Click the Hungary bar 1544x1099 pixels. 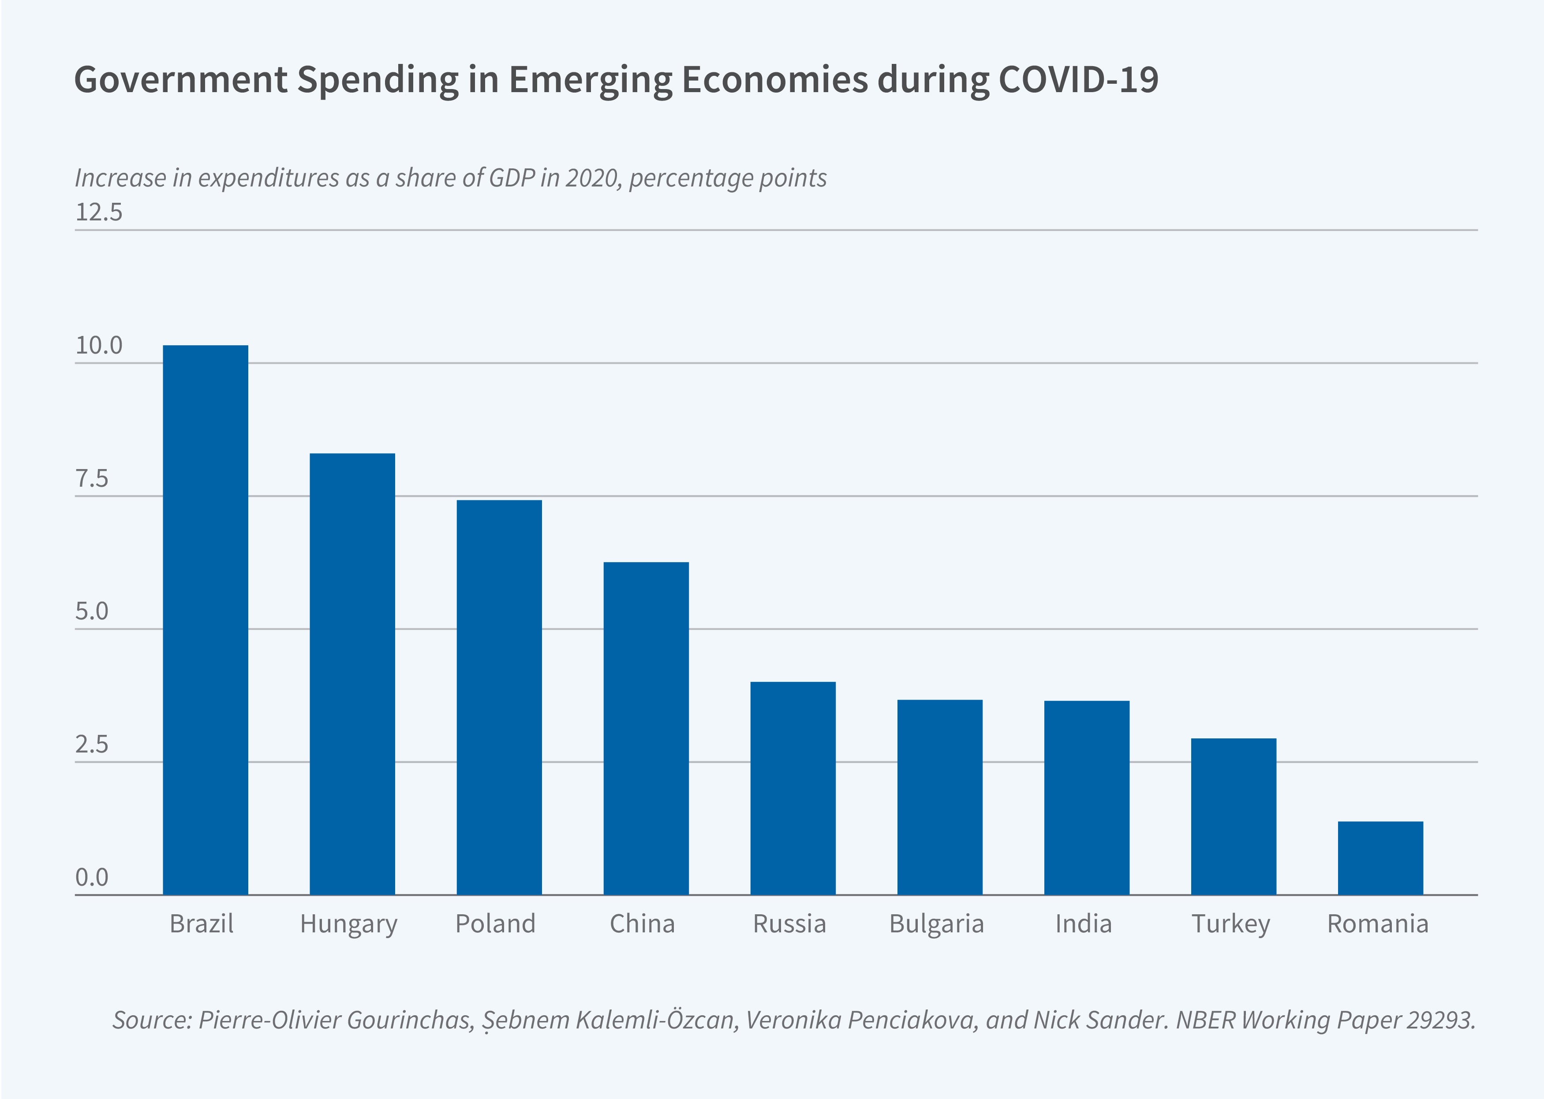pos(352,673)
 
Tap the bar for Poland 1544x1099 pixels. pos(499,697)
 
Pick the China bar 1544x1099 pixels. pos(646,728)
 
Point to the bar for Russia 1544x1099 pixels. pos(793,788)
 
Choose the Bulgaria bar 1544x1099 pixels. pos(939,797)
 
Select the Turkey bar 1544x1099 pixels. pos(1234,816)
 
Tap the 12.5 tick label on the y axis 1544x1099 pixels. pos(99,212)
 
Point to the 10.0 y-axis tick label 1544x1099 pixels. pos(99,346)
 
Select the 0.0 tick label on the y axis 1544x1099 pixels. pos(91,878)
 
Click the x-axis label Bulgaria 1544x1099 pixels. pos(936,924)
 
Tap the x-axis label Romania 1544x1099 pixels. pos(1377,924)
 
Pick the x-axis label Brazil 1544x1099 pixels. pos(202,924)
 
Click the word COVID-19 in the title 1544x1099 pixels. pos(1078,79)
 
